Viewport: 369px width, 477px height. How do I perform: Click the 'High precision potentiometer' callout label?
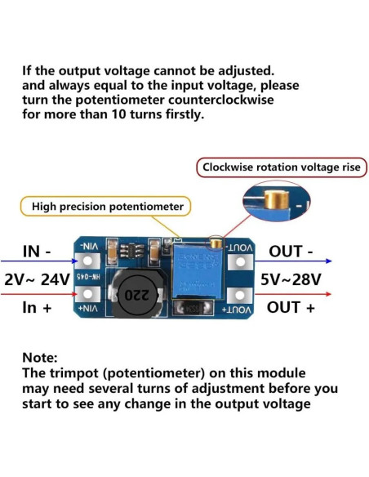point(107,207)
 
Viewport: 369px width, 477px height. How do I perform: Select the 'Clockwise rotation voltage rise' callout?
point(280,167)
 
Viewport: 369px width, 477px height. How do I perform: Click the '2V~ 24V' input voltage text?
point(38,279)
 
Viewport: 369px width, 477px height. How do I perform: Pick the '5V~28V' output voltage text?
point(291,279)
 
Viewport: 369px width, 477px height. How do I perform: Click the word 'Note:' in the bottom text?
point(40,358)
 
